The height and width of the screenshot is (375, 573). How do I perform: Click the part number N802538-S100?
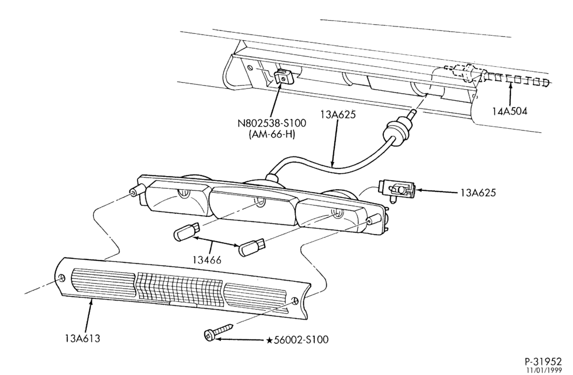[272, 123]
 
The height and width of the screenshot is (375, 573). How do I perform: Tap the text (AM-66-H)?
[272, 135]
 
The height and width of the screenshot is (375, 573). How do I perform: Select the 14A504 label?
[510, 111]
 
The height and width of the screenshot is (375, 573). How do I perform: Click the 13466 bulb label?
[207, 260]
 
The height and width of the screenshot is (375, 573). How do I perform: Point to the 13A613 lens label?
[83, 338]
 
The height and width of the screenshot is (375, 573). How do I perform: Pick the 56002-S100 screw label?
[301, 340]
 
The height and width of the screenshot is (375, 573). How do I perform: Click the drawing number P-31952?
[543, 361]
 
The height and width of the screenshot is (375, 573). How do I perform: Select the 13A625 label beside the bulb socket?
[478, 193]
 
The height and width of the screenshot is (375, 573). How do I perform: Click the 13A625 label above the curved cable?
[338, 115]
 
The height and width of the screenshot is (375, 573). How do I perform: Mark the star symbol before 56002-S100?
[269, 340]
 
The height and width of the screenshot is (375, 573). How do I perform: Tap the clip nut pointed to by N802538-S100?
[284, 76]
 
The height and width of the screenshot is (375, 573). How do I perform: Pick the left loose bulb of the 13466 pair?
[186, 232]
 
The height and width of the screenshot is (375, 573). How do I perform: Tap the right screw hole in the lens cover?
[295, 301]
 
